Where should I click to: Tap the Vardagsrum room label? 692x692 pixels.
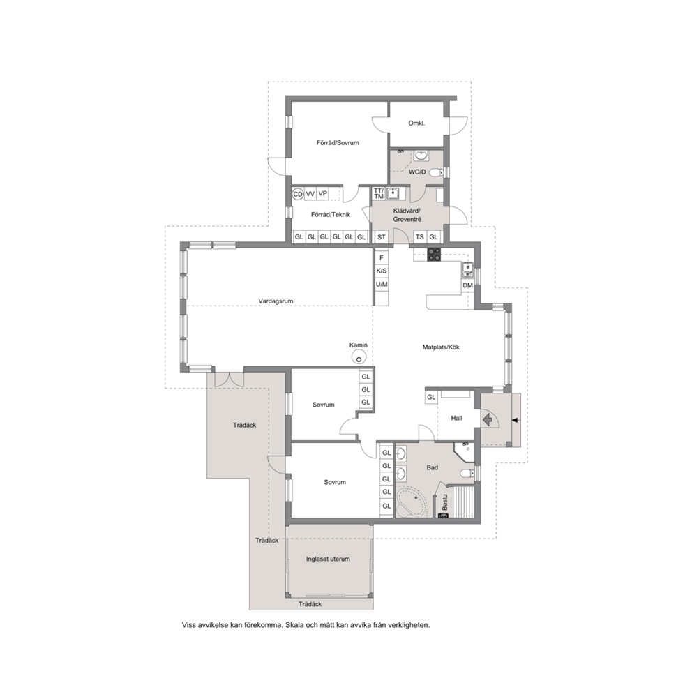pos(276,301)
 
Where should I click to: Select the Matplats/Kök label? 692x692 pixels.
pos(441,347)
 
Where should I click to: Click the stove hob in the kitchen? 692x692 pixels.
pos(434,254)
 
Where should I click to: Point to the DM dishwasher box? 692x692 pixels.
pos(468,285)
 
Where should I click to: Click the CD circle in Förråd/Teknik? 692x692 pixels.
pos(298,194)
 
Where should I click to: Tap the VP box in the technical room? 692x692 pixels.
pos(322,194)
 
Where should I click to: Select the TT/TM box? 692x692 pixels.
pos(379,193)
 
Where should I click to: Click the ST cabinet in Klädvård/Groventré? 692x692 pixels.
pos(382,237)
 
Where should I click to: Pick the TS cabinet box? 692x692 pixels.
pos(420,237)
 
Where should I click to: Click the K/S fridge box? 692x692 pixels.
pos(382,271)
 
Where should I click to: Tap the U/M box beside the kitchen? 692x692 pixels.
pos(382,285)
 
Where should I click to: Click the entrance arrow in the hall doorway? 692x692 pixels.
pos(487,419)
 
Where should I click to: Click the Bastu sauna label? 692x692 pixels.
pos(445,502)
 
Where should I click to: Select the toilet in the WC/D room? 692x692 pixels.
pos(437,172)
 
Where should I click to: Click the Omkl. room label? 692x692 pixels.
pos(416,123)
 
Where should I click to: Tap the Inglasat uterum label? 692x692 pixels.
pos(328,559)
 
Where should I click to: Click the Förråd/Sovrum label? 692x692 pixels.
pos(338,142)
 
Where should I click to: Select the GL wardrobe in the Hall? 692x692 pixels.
pos(431,397)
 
